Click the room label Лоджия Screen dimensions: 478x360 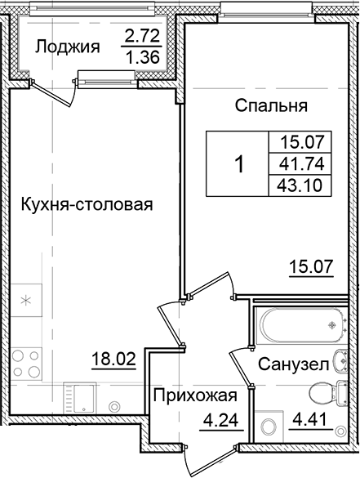pos(67,47)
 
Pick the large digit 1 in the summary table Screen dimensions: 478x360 pos(239,164)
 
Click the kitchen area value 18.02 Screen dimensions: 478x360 pos(114,358)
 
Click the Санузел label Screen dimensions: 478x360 pos(295,364)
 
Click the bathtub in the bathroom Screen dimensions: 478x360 pos(299,326)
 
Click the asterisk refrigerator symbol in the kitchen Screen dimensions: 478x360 pos(26,301)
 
